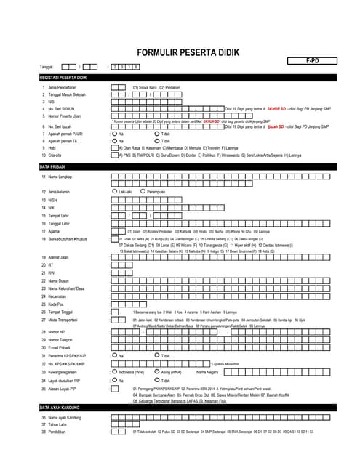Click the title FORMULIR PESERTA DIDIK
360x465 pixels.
pos(179,52)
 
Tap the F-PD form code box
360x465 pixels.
pos(311,64)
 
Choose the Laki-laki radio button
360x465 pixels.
pos(114,191)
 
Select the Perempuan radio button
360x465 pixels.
pos(143,191)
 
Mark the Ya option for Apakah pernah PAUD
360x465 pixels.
pos(114,134)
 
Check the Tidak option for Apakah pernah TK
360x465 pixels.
pos(156,141)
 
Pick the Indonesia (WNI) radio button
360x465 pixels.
pos(114,371)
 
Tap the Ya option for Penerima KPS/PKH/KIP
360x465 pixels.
pos(114,355)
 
